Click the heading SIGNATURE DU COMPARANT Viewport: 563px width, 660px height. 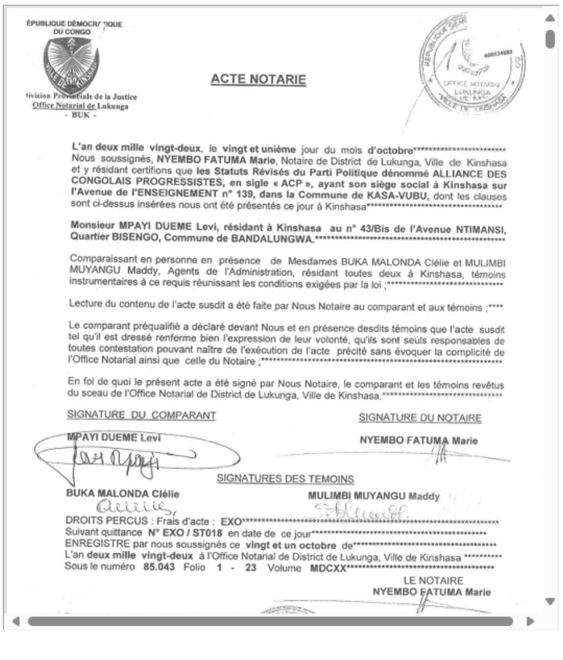141,415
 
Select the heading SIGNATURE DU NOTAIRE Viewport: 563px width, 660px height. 420,418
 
